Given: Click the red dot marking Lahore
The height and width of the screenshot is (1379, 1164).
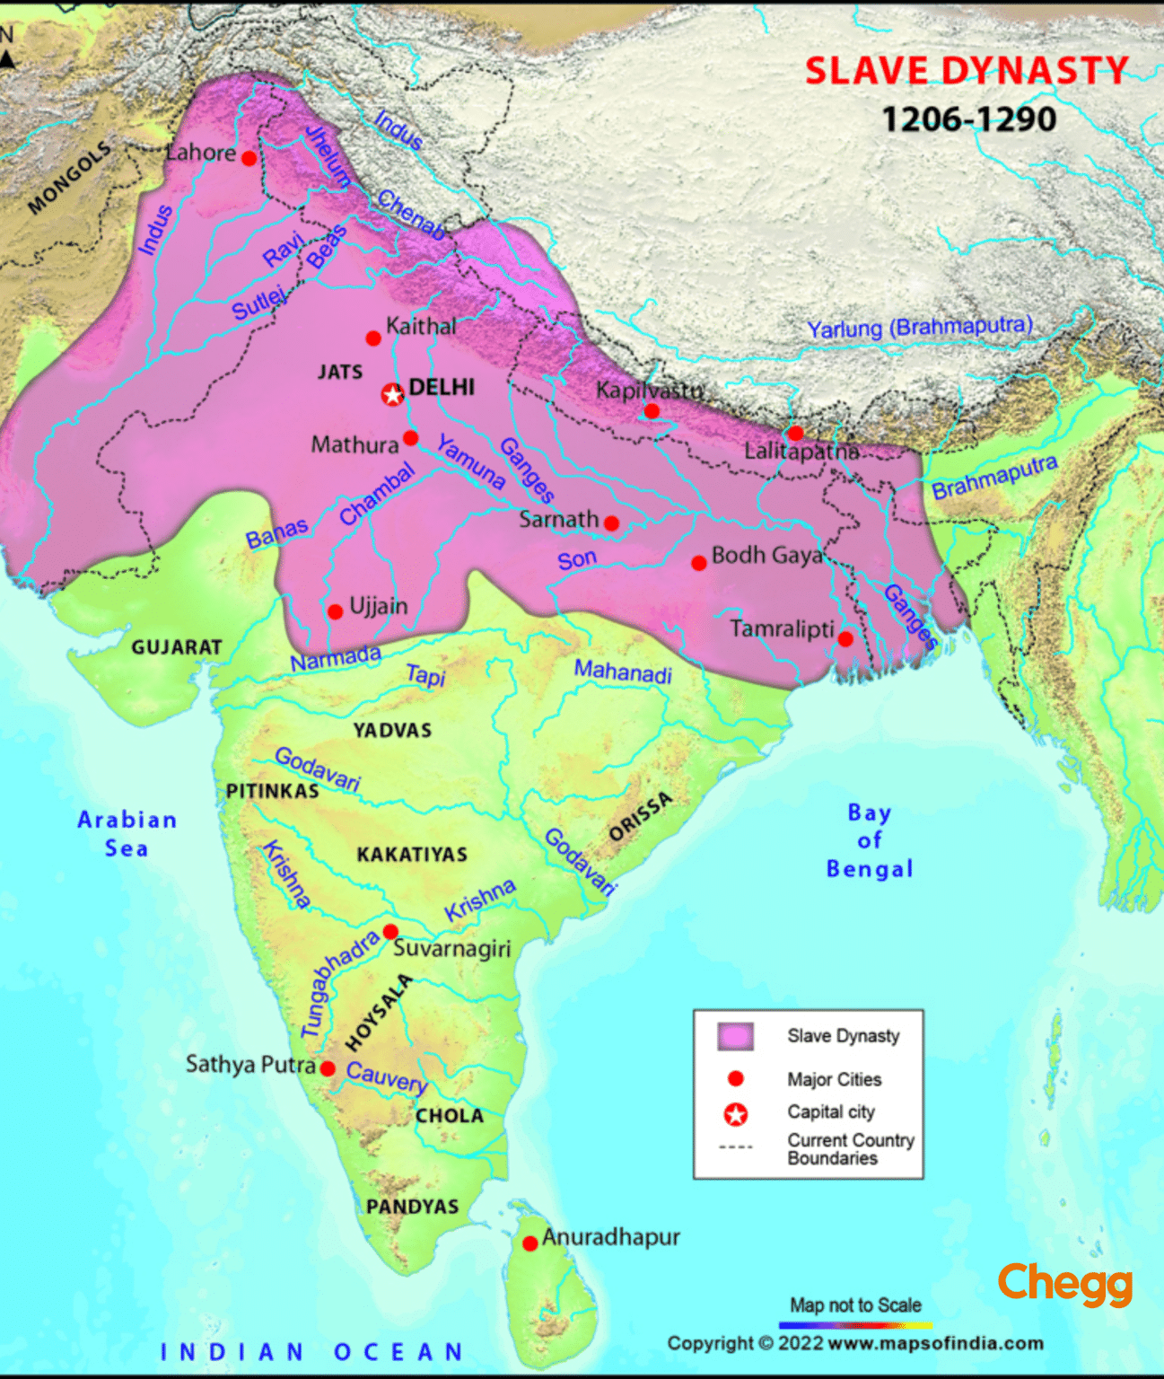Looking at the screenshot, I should (x=249, y=159).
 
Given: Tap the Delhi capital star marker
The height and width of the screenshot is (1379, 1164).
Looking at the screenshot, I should (x=392, y=394).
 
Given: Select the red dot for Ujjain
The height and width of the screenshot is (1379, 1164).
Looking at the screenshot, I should (x=335, y=611).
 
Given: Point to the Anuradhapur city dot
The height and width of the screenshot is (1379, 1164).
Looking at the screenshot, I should (x=530, y=1243).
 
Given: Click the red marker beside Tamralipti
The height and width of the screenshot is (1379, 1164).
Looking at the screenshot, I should (x=845, y=639).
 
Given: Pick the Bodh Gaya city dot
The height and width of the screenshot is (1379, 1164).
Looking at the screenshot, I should (x=698, y=563).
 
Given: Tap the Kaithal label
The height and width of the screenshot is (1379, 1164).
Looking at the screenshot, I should (x=421, y=326).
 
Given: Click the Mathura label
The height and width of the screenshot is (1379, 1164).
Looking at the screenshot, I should (x=354, y=444).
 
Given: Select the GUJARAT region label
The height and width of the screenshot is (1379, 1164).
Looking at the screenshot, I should (x=176, y=647).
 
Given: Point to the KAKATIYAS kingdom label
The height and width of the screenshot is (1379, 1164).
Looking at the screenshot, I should (x=412, y=854).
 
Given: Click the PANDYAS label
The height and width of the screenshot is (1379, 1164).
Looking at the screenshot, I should (x=412, y=1207).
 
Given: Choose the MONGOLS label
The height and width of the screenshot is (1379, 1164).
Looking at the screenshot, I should (x=69, y=178).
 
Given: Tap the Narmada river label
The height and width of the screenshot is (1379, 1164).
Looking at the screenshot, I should (x=336, y=659).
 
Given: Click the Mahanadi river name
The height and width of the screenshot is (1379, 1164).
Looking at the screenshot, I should (x=623, y=671).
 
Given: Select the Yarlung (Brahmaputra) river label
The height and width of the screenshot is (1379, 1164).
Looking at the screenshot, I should (x=920, y=327).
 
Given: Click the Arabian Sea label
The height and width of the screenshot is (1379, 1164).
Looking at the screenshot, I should (x=127, y=834).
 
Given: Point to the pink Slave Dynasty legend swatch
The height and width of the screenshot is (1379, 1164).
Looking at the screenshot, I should (x=735, y=1036).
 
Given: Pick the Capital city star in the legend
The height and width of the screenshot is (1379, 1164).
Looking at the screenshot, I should (x=736, y=1114).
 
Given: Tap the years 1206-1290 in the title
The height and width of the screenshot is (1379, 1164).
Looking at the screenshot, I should (x=969, y=119).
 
